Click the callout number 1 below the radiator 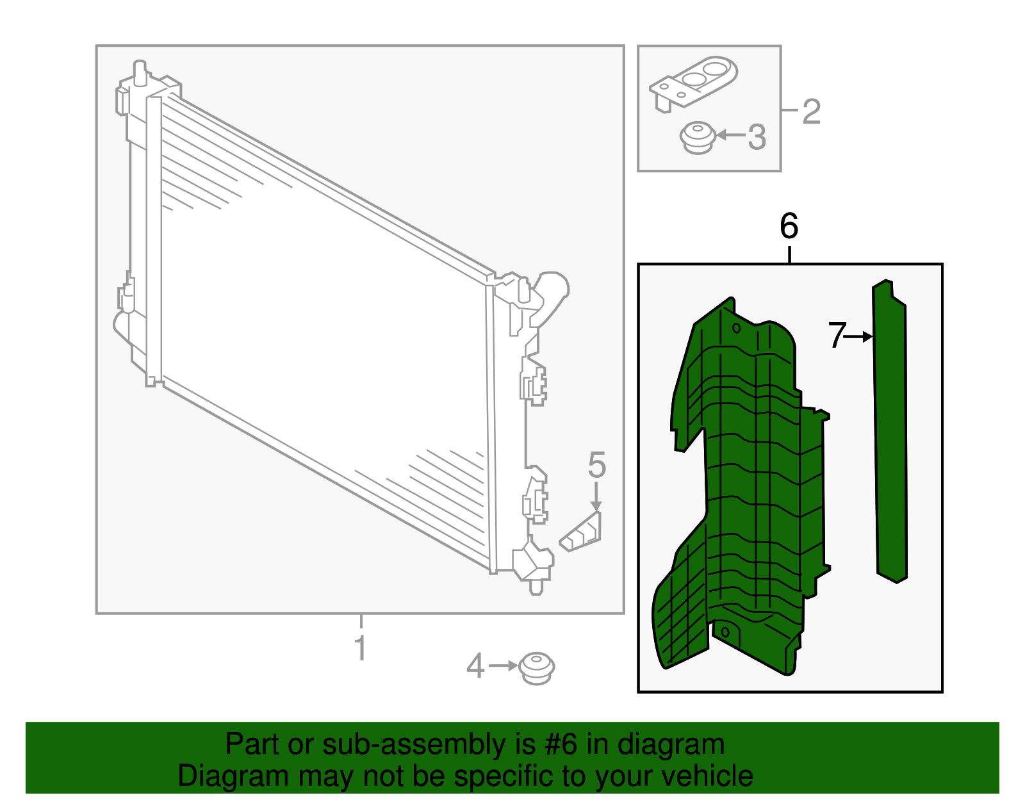point(361,648)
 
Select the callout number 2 point(811,111)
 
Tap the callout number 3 point(757,136)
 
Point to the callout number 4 point(475,666)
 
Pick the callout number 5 point(596,464)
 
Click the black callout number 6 point(789,226)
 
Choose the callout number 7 point(837,336)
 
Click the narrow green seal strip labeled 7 point(890,436)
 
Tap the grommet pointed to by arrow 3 point(697,137)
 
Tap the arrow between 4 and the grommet point(503,666)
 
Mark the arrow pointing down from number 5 point(596,496)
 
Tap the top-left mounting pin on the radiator point(140,70)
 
